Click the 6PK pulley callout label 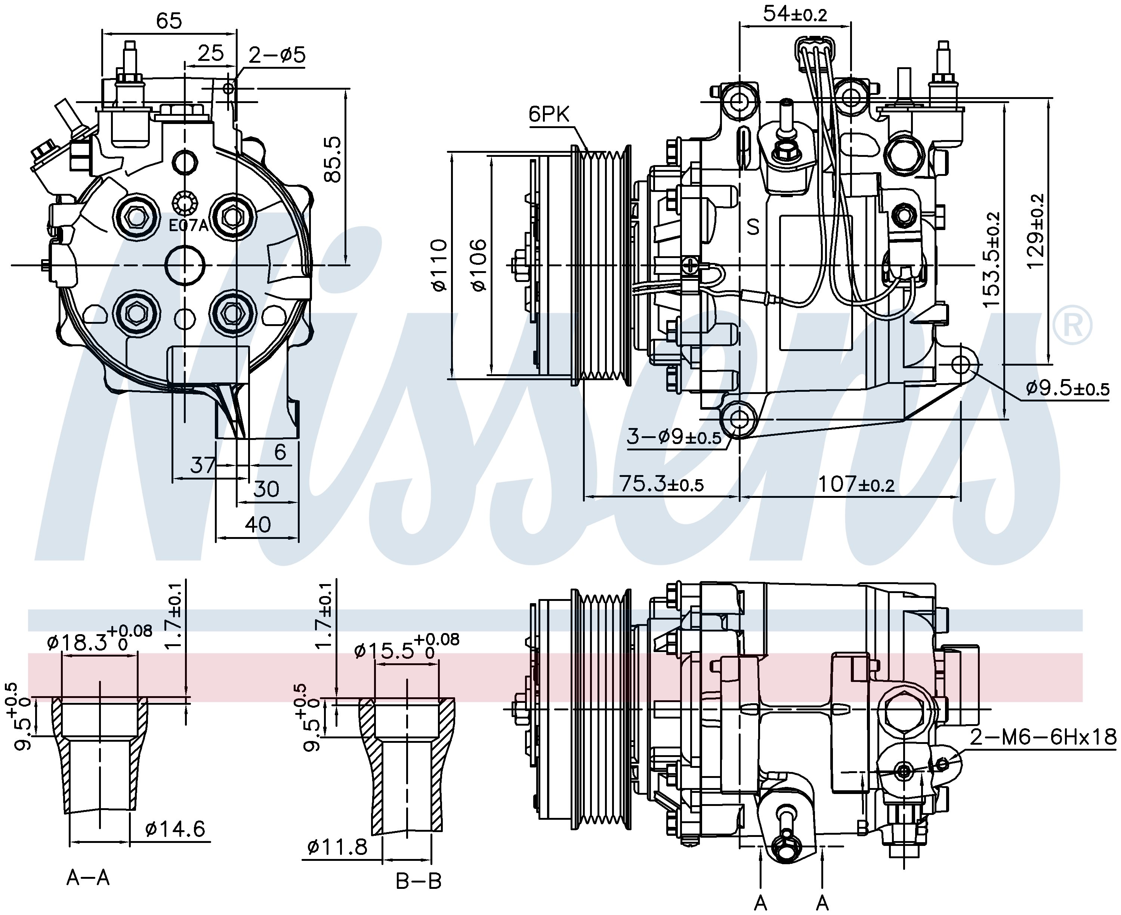549,114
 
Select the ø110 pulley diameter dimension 439,265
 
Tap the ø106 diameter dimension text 479,265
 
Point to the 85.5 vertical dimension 333,160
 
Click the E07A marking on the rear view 189,226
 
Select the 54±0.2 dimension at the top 795,14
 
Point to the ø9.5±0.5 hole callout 1067,389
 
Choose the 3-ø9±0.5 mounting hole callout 673,437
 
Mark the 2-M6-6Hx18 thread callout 1043,737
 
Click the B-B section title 419,881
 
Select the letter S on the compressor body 753,227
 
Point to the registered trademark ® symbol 1072,325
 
